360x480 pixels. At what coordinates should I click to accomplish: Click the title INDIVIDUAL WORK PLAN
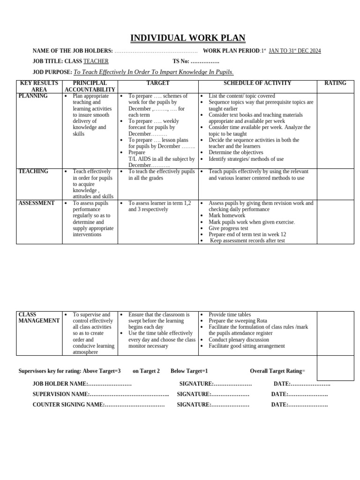pyautogui.click(x=187, y=38)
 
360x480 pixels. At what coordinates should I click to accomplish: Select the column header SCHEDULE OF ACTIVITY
pyautogui.click(x=257, y=83)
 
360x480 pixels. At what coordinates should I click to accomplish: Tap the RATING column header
pyautogui.click(x=335, y=83)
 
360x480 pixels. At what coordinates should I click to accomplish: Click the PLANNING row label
pyautogui.click(x=33, y=96)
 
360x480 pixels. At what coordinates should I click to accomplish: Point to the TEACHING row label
pyautogui.click(x=33, y=172)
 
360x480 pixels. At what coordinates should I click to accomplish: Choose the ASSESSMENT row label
pyautogui.click(x=37, y=203)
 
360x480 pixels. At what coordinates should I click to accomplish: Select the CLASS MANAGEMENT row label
pyautogui.click(x=39, y=318)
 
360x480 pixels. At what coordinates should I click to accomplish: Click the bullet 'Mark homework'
pyautogui.click(x=227, y=216)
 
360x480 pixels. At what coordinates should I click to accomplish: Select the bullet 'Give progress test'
pyautogui.click(x=228, y=228)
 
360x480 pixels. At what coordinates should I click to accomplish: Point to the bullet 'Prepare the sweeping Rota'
pyautogui.click(x=238, y=321)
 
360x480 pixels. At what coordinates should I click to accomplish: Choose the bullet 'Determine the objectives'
pyautogui.click(x=236, y=152)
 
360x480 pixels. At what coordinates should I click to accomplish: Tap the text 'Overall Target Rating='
pyautogui.click(x=277, y=371)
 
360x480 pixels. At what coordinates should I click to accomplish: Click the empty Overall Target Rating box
pyautogui.click(x=335, y=368)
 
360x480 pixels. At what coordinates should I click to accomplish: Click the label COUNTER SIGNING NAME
pyautogui.click(x=68, y=405)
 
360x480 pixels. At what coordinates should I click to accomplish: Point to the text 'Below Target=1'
pyautogui.click(x=189, y=371)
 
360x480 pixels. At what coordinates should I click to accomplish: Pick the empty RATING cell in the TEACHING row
pyautogui.click(x=335, y=184)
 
